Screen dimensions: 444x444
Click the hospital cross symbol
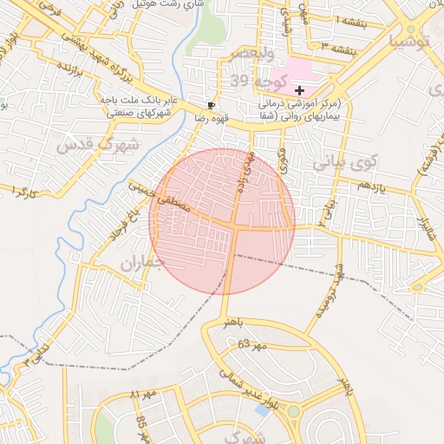pos(299,90)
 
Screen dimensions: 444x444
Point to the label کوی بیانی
pos(345,161)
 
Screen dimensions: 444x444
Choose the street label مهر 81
pos(142,396)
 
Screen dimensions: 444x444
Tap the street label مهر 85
pos(141,425)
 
